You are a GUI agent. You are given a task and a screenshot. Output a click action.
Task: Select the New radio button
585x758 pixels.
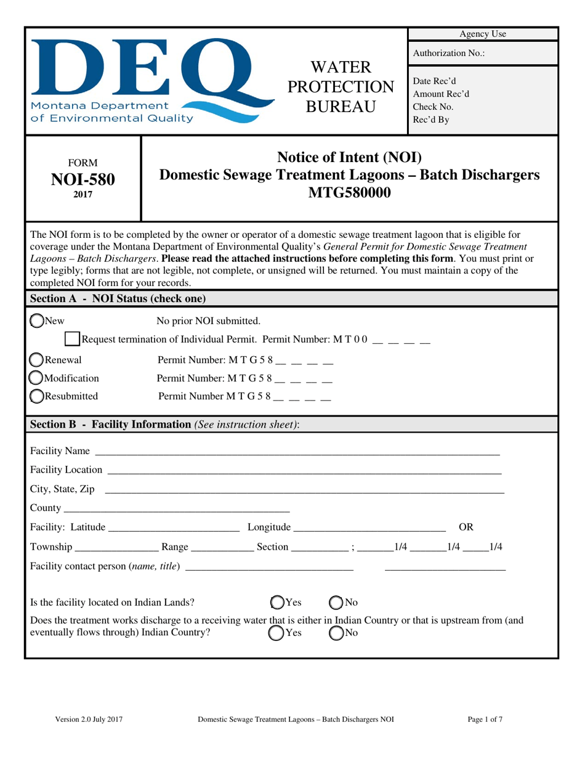point(37,320)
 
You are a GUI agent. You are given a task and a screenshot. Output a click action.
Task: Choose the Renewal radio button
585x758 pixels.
point(37,361)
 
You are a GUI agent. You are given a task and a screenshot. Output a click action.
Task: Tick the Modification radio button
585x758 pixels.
point(37,378)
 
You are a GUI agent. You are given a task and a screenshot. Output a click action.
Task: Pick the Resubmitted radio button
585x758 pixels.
point(37,396)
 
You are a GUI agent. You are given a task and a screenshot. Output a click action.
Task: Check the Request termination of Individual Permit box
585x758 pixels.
point(72,339)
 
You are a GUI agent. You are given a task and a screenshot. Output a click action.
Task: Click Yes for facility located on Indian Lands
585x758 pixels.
point(278,602)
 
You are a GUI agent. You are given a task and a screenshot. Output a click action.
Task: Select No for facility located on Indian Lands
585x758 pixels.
point(336,602)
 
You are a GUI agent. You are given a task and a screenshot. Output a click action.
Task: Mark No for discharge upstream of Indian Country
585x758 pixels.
point(336,633)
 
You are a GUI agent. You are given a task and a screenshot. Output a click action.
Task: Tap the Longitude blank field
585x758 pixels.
point(369,527)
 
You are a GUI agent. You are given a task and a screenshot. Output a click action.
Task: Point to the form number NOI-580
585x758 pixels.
point(83,179)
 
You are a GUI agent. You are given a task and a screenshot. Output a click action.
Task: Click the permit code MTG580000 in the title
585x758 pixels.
point(349,193)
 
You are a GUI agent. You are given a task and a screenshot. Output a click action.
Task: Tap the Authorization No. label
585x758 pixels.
point(448,54)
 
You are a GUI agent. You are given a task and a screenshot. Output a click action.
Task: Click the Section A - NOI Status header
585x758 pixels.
point(118,299)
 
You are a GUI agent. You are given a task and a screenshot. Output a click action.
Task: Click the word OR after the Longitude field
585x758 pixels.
point(467,527)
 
